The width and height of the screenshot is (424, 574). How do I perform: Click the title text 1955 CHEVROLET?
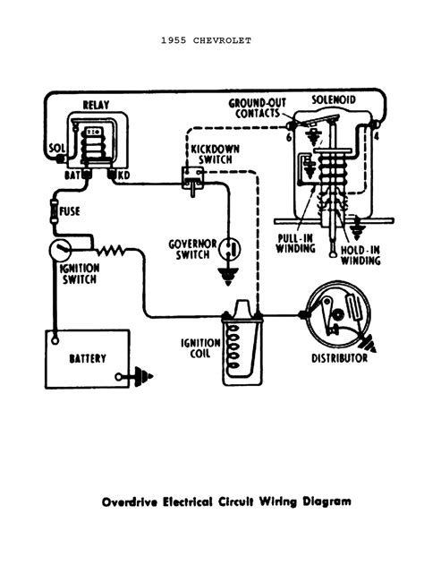point(211,40)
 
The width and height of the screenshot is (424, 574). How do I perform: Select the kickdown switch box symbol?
point(191,176)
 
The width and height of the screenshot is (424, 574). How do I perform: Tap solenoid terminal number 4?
point(377,135)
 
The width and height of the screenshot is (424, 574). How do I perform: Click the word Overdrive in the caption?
point(131,501)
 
